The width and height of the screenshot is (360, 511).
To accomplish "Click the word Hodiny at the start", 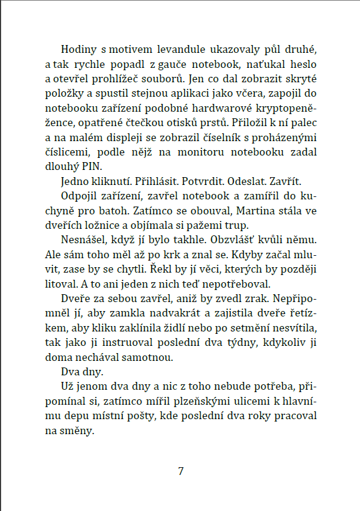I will point(79,49).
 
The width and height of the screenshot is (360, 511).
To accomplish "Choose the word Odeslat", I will point(253,182).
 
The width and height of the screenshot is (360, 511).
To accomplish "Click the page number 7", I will point(181,471).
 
